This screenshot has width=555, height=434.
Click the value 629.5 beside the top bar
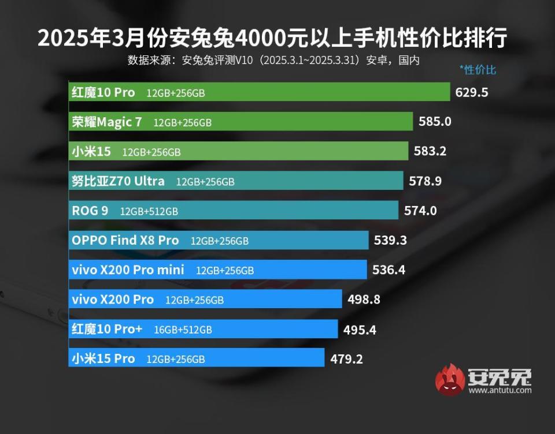point(472,92)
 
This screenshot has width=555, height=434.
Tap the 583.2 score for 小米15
point(430,152)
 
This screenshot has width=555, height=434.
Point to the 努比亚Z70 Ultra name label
point(118,181)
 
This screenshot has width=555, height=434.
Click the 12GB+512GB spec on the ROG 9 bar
point(149,211)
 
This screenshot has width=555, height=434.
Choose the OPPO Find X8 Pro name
point(125,241)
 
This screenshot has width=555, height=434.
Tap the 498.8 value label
point(364,300)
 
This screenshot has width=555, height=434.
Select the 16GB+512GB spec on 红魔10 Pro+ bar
point(183,330)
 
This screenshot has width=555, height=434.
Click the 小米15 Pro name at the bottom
point(103,359)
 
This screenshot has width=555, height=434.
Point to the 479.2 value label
point(347,359)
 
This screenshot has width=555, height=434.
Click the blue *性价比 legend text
point(478,70)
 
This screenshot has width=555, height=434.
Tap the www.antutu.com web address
point(500,391)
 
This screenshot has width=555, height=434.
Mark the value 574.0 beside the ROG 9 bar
point(420,211)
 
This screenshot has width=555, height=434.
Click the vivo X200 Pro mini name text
point(128,270)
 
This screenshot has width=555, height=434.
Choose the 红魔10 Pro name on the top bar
point(103,92)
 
